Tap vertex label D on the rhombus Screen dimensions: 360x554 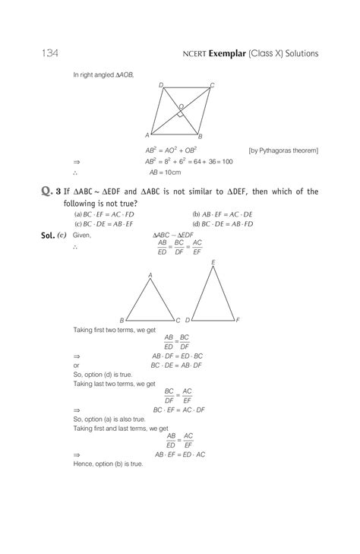161,85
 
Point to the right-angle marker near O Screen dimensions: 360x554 179,114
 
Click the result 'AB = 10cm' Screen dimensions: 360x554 162,173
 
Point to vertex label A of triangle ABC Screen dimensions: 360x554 150,275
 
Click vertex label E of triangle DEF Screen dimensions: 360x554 213,262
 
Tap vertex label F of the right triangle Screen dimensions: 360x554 238,320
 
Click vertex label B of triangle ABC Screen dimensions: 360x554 122,321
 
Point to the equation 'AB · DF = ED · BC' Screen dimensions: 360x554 177,356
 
